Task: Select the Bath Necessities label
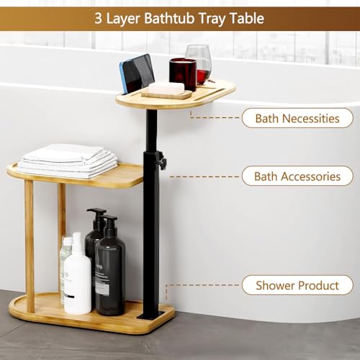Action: coord(297,117)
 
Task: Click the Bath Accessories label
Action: coord(297,176)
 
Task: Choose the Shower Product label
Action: coord(297,285)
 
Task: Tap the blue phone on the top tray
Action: coord(136,73)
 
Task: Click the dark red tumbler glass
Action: coord(182,73)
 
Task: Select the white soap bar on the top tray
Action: coord(166,88)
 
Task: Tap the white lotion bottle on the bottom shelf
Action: coord(77,277)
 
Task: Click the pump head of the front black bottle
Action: coord(109,221)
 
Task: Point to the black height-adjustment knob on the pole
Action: coord(162,163)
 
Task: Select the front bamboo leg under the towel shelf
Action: coord(30,238)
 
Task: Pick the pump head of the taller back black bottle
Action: coord(96,213)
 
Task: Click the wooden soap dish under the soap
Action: coord(166,94)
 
